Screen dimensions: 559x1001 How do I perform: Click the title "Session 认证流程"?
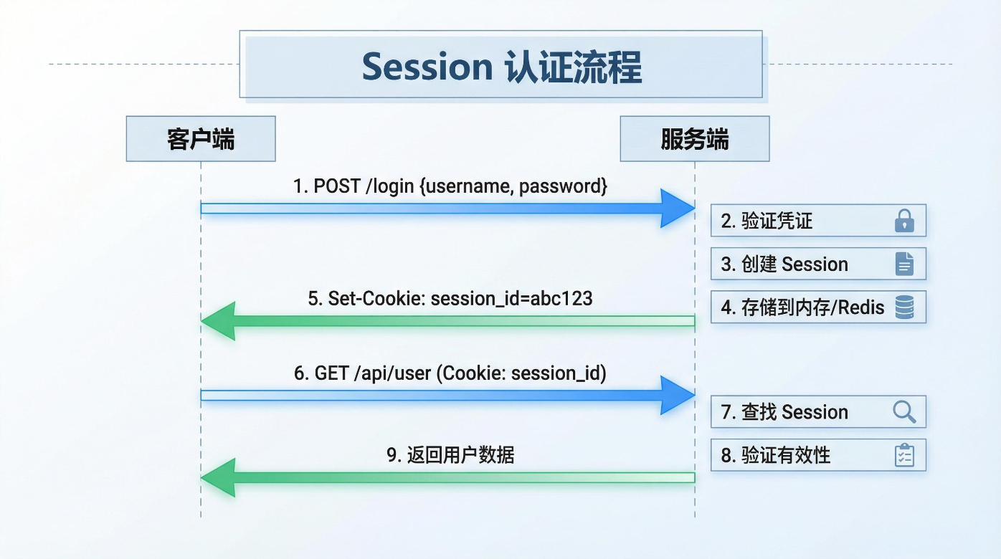click(x=501, y=67)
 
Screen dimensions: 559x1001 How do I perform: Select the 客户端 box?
click(x=201, y=139)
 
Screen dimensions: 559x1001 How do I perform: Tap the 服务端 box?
click(x=694, y=139)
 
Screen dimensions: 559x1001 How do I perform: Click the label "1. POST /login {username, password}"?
click(x=450, y=186)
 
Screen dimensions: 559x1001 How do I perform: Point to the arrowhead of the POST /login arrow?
click(x=678, y=209)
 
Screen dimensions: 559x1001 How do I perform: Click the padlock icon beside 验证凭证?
click(x=904, y=221)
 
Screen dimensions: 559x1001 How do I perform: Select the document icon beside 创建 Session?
click(x=904, y=264)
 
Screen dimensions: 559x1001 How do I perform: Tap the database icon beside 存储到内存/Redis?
click(x=904, y=307)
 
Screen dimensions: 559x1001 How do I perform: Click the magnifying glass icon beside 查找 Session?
click(x=904, y=412)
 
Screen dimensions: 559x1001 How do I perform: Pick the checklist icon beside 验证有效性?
click(x=904, y=455)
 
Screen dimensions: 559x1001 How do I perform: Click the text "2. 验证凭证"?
click(x=767, y=221)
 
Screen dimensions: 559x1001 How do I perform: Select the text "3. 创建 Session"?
click(x=784, y=264)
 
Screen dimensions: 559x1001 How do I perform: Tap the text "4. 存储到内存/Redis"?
click(x=802, y=307)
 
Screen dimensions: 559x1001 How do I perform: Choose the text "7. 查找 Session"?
click(x=784, y=412)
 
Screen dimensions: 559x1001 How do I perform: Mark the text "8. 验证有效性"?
click(x=775, y=455)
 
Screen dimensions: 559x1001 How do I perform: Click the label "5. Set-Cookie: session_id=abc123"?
click(x=450, y=298)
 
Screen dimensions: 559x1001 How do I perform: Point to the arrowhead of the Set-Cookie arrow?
click(x=218, y=321)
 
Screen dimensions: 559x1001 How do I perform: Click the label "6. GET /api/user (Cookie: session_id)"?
click(x=450, y=373)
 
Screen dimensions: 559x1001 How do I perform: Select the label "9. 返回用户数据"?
click(x=450, y=455)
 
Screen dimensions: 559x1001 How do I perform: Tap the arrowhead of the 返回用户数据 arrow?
click(x=218, y=478)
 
